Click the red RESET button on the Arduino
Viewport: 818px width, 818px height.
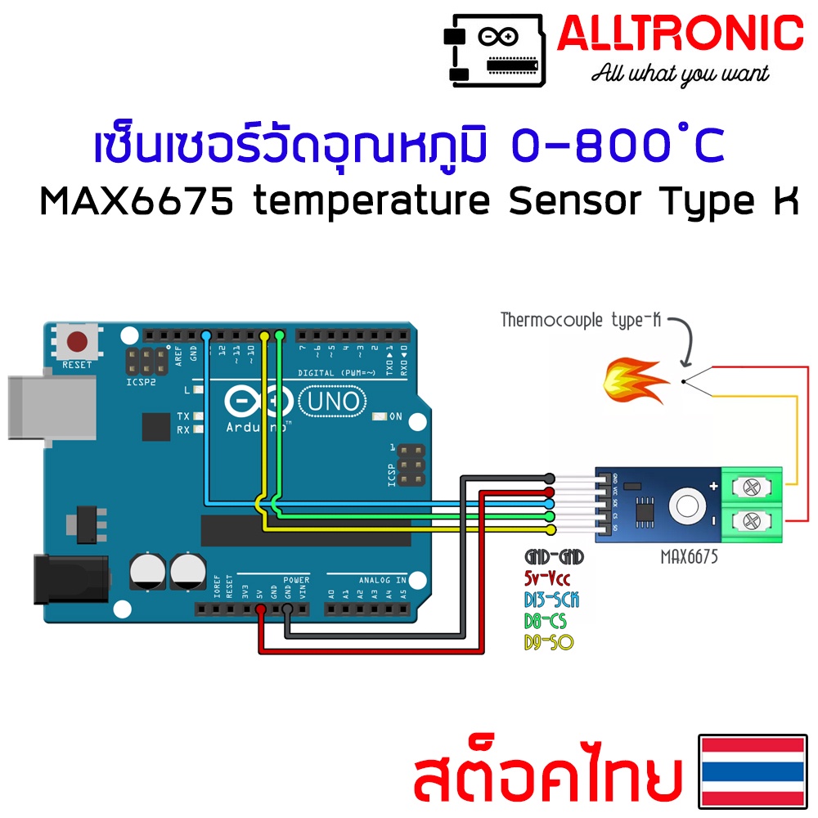[78, 340]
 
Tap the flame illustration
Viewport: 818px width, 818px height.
[632, 381]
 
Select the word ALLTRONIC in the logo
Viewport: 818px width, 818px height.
[680, 35]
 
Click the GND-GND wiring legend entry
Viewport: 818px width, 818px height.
[554, 558]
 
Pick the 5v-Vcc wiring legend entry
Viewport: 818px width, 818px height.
[547, 579]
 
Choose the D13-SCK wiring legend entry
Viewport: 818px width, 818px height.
[551, 600]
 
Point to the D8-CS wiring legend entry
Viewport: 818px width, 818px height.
[546, 622]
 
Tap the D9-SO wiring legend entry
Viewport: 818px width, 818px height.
[548, 643]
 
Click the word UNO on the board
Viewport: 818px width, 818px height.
[333, 401]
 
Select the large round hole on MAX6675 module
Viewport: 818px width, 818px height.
[685, 506]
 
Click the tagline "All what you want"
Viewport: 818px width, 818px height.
[680, 74]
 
